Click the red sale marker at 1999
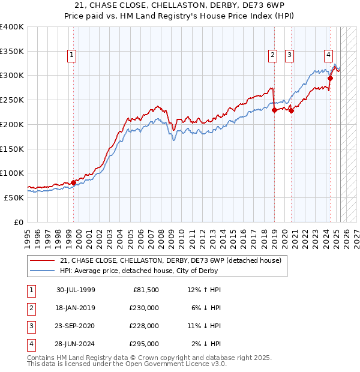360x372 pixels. (x=74, y=182)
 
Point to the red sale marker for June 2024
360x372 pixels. (x=330, y=77)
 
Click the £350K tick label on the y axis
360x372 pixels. (x=12, y=51)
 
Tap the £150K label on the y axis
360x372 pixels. (x=12, y=148)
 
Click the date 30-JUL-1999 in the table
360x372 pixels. (x=76, y=290)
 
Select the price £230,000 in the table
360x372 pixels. (x=144, y=308)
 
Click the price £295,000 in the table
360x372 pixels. (x=144, y=344)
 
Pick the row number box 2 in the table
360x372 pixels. (x=31, y=308)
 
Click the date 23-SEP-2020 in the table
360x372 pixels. (x=76, y=326)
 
